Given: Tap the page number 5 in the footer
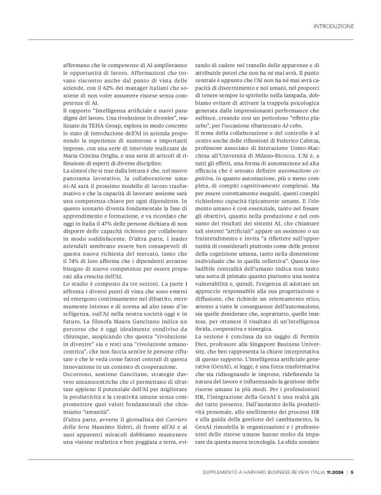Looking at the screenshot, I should coord(352,471).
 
